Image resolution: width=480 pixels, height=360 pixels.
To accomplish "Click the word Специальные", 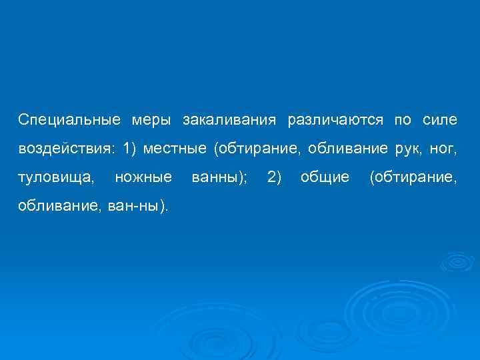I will (70, 120).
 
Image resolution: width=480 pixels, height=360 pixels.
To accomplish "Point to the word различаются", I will (335, 120).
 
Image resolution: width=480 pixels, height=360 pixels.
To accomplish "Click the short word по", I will (403, 120).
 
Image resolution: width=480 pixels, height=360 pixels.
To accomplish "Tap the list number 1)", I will (130, 149).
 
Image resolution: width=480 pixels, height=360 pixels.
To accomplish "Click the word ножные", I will (143, 177).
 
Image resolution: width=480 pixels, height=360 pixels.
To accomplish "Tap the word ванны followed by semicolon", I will (219, 177).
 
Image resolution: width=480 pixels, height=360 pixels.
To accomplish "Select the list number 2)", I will (274, 177).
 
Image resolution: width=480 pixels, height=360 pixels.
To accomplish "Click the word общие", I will (325, 177).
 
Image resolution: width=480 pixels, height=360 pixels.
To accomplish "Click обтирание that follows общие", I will (413, 177).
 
